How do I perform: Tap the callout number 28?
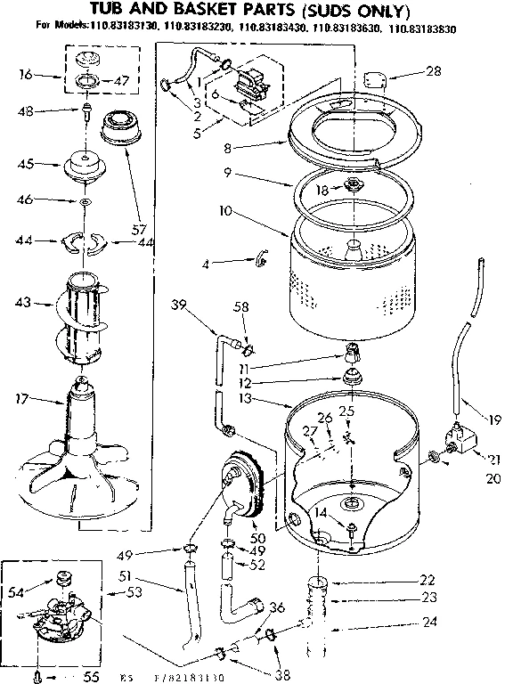click(433, 71)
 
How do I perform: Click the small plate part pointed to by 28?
click(375, 78)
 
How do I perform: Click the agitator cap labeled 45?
click(86, 166)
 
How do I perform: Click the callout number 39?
click(180, 305)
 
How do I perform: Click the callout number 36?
click(277, 607)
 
